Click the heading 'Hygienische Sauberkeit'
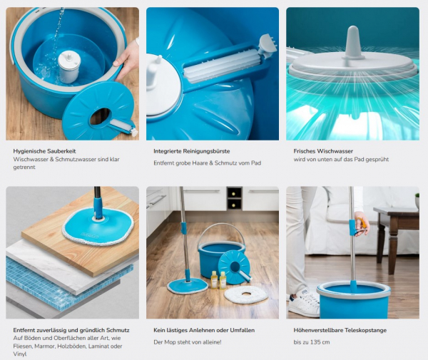click(44, 151)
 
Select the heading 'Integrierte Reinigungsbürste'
click(192, 151)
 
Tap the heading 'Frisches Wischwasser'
click(323, 151)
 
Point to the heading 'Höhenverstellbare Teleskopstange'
click(340, 330)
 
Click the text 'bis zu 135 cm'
click(312, 342)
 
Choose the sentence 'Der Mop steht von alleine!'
click(188, 342)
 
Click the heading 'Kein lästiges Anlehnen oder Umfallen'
click(204, 330)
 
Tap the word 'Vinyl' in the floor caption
click(20, 354)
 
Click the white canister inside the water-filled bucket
click(69, 66)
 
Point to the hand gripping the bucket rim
click(128, 58)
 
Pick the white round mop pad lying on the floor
click(246, 294)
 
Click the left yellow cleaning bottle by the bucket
click(214, 279)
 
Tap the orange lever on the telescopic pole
click(362, 223)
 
